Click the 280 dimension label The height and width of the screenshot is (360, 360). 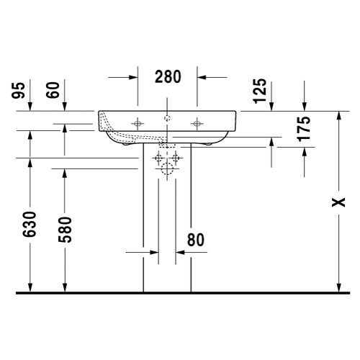[x=168, y=77]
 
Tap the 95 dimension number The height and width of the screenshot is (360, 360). [x=19, y=90]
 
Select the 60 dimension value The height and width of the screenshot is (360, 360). [x=53, y=90]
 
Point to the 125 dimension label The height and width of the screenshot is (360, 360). [x=260, y=91]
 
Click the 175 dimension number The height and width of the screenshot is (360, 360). [x=304, y=129]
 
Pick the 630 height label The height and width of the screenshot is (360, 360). [x=30, y=224]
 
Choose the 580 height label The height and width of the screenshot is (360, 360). [x=65, y=230]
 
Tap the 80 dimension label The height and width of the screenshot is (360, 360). [x=196, y=240]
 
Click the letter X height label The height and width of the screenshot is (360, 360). [x=338, y=202]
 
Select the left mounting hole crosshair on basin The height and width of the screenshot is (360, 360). [x=138, y=124]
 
